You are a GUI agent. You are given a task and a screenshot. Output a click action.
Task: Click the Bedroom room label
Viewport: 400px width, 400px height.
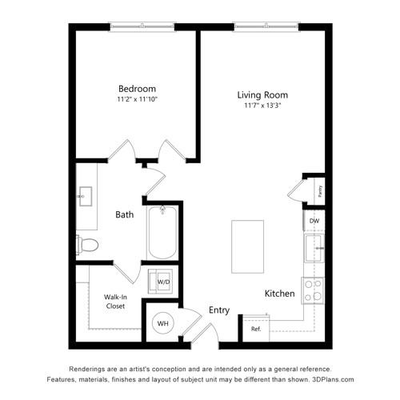point(137,89)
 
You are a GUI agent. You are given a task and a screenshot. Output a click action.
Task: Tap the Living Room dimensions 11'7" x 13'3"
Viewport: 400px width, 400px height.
point(262,106)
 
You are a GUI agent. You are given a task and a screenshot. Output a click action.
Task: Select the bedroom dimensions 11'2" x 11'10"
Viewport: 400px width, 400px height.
point(138,99)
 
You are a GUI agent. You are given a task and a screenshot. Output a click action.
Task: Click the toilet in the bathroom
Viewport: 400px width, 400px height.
point(87,244)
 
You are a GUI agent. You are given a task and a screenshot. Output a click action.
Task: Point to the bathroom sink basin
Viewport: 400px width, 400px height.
point(86,196)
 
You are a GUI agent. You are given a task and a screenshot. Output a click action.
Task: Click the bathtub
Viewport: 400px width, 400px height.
point(162,232)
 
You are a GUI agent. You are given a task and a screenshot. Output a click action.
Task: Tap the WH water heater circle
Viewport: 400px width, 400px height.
point(162,323)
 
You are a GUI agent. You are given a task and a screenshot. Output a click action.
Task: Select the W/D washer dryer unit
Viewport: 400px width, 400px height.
point(161,282)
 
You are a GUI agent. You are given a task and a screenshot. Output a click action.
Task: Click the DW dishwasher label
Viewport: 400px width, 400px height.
point(314,221)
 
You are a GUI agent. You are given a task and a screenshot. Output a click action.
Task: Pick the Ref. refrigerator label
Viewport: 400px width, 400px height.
point(256,329)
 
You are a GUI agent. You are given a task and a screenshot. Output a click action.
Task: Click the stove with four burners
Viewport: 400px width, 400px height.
point(313,290)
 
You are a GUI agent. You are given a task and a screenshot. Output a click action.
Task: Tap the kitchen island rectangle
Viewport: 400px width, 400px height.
point(248,246)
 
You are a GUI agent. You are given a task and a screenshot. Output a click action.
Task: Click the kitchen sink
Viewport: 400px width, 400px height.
point(314,248)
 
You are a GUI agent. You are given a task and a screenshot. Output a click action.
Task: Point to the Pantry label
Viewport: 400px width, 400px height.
point(321,191)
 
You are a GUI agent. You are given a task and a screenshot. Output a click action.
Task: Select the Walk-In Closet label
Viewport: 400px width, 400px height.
point(115,302)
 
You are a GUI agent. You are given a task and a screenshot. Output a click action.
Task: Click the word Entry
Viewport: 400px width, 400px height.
point(219,310)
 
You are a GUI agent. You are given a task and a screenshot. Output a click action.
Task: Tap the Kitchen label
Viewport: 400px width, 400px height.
point(280,294)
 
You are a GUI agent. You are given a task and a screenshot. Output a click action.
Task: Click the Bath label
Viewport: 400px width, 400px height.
point(125,214)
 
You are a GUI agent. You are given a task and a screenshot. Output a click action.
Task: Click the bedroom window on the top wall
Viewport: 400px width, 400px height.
point(142,26)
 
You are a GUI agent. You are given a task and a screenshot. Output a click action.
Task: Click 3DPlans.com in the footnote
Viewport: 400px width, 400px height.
point(333,379)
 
